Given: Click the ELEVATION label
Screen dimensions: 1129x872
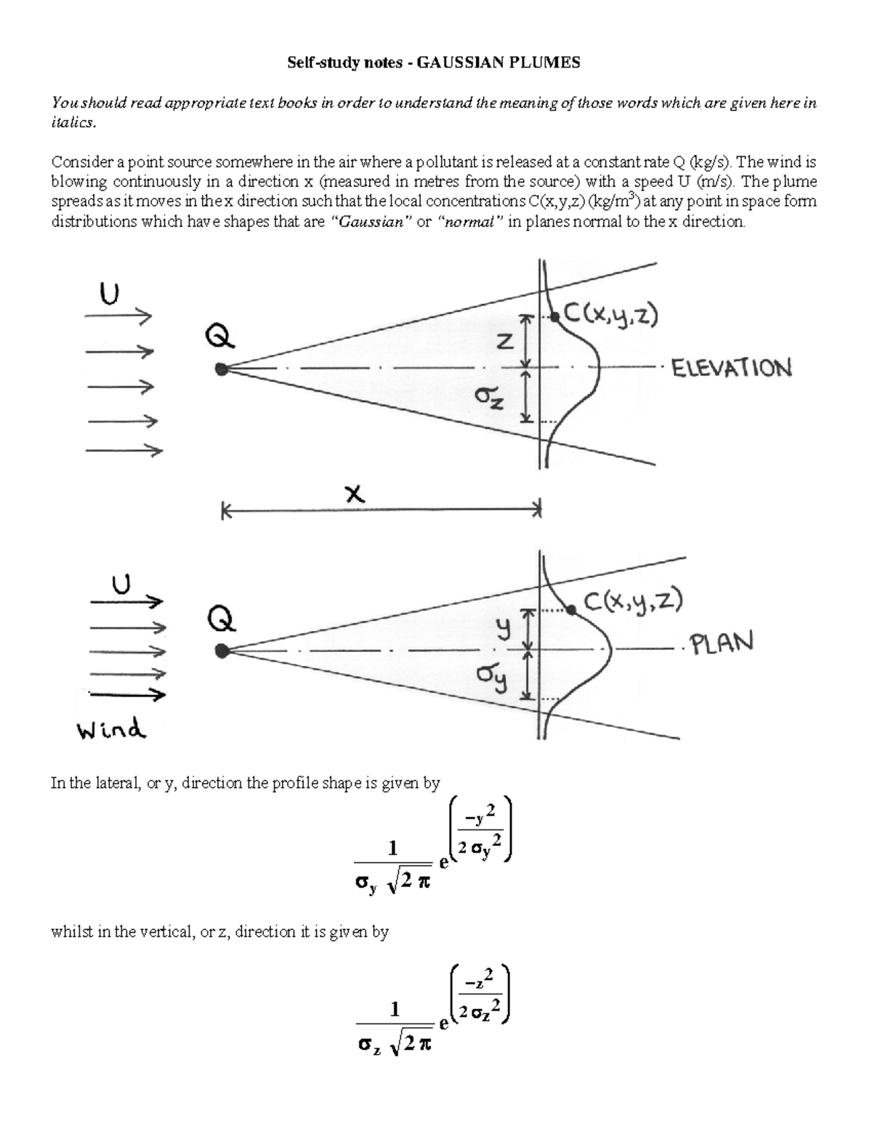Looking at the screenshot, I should click(x=731, y=368).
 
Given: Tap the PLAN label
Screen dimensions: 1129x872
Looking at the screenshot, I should click(x=722, y=643).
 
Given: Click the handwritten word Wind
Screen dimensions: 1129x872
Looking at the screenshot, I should click(x=111, y=728).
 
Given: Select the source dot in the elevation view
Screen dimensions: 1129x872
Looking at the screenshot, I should click(x=222, y=369).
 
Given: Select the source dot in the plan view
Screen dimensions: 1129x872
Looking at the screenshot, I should click(x=222, y=651).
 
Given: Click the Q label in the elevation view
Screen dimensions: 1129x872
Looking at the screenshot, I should click(x=219, y=336).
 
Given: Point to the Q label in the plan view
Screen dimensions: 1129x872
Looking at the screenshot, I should click(x=220, y=619).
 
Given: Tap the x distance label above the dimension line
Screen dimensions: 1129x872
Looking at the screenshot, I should click(x=354, y=494).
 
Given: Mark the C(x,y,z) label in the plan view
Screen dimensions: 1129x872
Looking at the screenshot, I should click(x=632, y=601).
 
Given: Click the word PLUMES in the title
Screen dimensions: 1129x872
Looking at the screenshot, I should click(x=544, y=63).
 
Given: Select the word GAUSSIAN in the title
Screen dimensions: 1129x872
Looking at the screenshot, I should click(x=461, y=63).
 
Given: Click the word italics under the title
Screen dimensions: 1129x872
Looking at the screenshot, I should click(x=73, y=123).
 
